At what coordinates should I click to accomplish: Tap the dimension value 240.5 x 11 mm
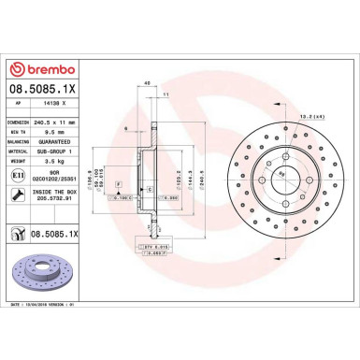(x=56, y=122)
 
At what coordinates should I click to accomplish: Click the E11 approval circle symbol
(x=19, y=176)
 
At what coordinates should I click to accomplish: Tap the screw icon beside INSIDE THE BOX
(x=19, y=194)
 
